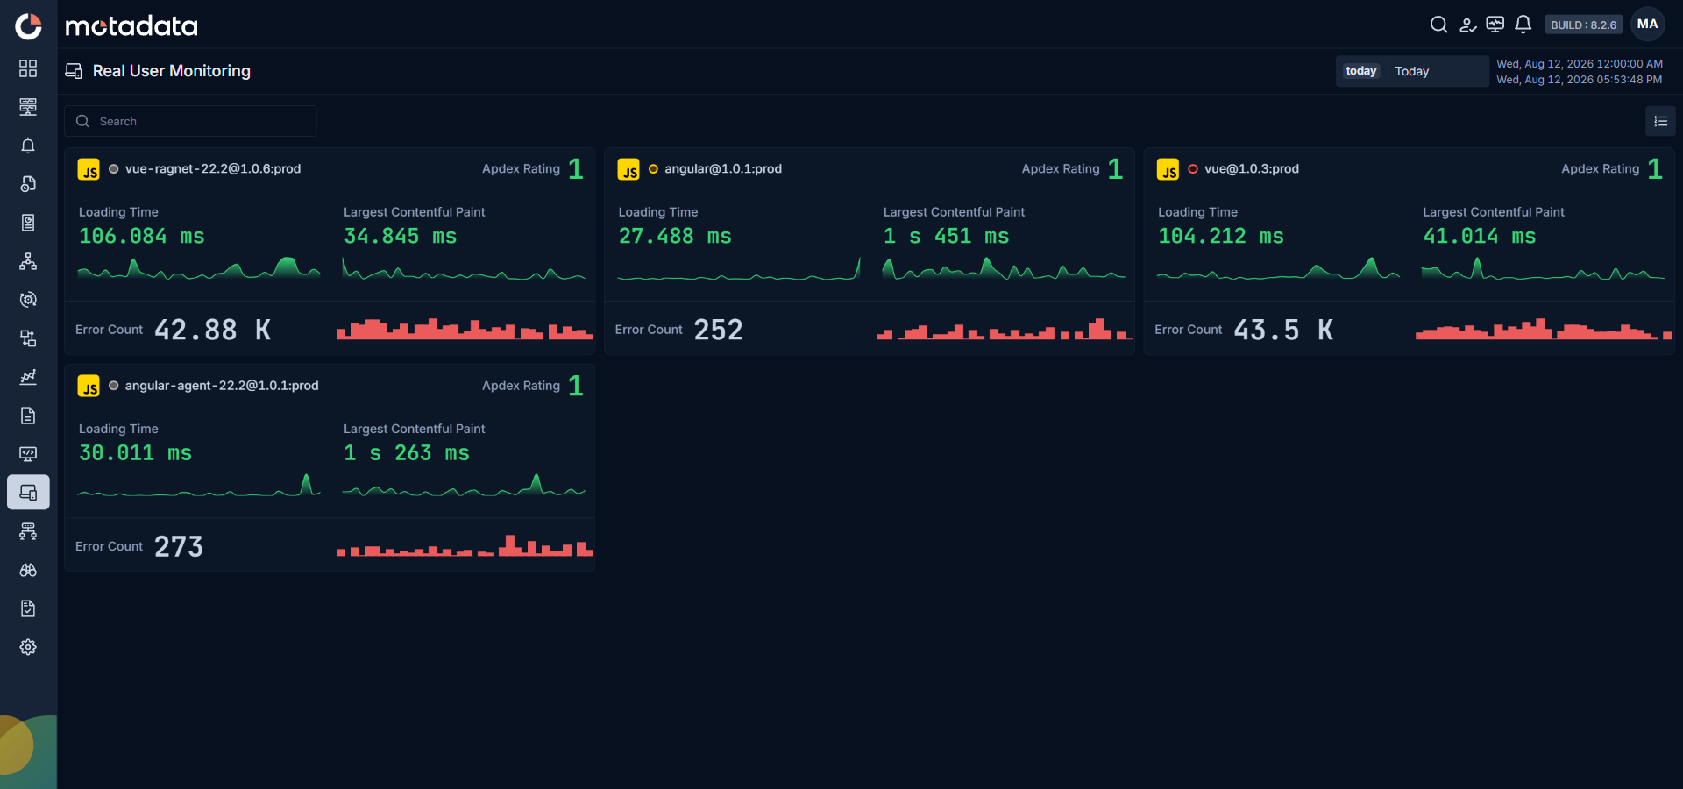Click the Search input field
(x=190, y=121)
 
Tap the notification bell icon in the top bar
(x=1523, y=25)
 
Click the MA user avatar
(x=1648, y=25)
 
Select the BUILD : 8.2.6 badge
(x=1583, y=25)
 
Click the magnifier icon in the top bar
(x=1438, y=25)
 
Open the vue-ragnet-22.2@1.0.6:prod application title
(x=213, y=168)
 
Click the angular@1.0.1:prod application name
(x=723, y=168)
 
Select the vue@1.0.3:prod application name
(x=1252, y=168)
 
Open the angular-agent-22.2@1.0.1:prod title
(x=222, y=385)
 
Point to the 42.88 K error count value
(x=213, y=330)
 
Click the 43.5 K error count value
(x=1283, y=330)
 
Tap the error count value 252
(x=719, y=330)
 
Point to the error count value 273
(x=179, y=546)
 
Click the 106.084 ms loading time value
(x=142, y=236)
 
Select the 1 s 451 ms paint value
(x=947, y=236)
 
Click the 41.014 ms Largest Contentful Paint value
(x=1480, y=236)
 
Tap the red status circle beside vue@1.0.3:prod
(x=1193, y=168)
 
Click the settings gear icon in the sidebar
(x=28, y=647)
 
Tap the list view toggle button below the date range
(x=1660, y=121)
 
